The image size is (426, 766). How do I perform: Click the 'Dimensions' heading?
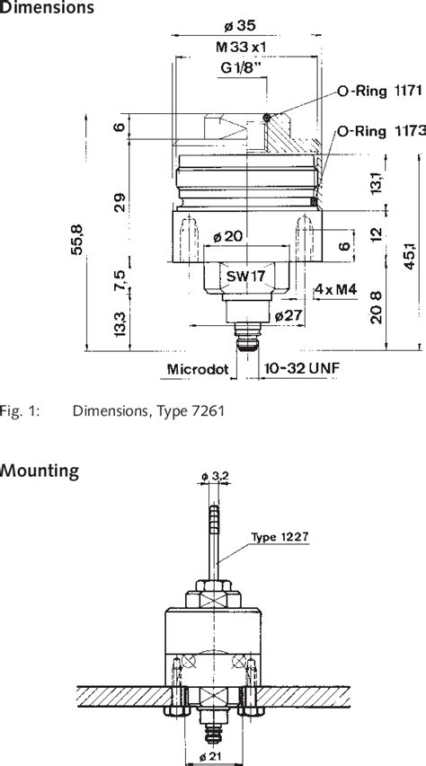[x=47, y=8]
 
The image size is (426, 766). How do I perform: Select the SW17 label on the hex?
[x=244, y=277]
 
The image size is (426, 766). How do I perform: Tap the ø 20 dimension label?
[x=228, y=236]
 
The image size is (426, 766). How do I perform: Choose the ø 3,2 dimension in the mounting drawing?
[x=213, y=475]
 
